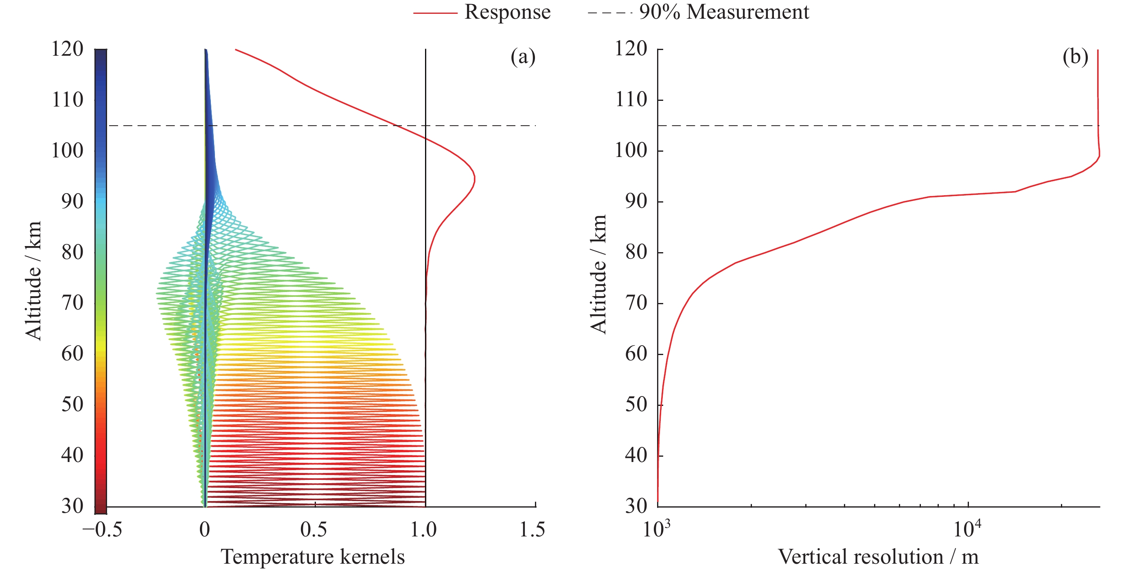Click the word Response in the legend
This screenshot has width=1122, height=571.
coord(507,12)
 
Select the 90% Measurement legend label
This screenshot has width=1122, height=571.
coord(724,12)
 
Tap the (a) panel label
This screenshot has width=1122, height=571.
coord(523,57)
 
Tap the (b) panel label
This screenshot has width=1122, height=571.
coord(1075,57)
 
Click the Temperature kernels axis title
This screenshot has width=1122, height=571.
coord(313,557)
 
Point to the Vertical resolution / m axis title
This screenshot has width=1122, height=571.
coord(878,557)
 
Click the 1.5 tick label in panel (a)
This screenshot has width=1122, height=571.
coord(532,530)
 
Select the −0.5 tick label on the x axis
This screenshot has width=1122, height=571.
coord(102,530)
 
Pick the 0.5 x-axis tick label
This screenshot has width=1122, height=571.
coord(313,530)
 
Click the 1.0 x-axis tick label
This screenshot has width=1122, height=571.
coord(424,530)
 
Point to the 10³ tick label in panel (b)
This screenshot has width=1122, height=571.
coord(656,529)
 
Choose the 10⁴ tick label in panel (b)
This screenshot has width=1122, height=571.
coord(967,529)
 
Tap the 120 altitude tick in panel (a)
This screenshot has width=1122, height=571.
coord(68,49)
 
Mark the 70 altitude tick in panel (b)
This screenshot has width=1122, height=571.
coord(636,303)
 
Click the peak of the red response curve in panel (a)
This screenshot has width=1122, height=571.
coord(475,179)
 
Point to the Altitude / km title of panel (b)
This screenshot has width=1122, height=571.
coord(598,274)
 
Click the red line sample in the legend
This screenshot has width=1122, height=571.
coord(435,13)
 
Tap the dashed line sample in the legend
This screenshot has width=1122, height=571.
coord(609,13)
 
